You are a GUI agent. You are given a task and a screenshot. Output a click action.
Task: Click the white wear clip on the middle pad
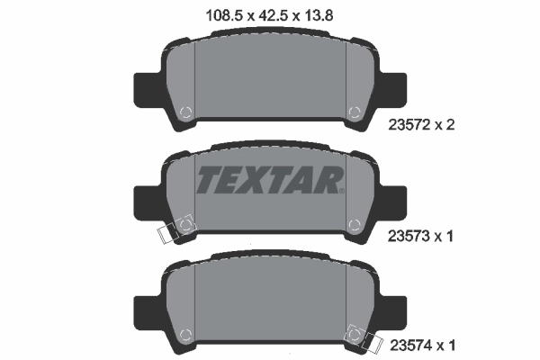[167, 233]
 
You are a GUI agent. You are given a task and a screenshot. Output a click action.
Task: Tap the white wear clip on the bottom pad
[370, 341]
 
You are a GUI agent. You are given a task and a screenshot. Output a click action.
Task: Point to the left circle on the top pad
[185, 113]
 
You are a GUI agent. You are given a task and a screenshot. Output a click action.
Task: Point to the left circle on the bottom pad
[185, 333]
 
